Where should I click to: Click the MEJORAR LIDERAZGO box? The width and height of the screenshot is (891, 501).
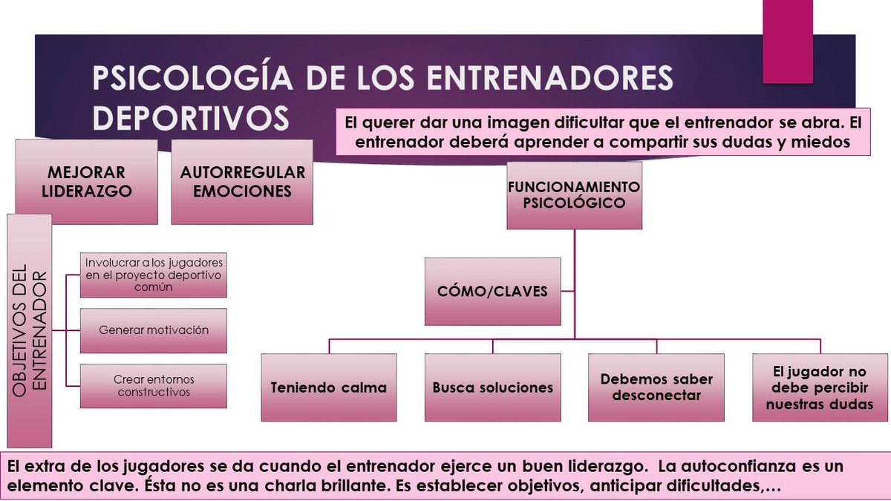[86, 182]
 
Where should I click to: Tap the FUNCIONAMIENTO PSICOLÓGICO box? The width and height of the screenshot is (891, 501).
[574, 194]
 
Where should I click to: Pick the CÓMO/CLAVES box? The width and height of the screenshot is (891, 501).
[492, 291]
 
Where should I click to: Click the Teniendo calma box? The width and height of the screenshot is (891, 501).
[329, 387]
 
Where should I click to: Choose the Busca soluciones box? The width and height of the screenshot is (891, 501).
[492, 387]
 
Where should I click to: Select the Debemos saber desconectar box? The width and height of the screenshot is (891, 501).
[656, 387]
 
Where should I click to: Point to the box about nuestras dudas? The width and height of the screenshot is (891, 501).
[819, 387]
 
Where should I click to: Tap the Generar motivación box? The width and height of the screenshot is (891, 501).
[154, 330]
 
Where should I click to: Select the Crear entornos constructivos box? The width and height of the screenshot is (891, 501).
[154, 386]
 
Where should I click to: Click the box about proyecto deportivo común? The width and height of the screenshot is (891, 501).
[154, 275]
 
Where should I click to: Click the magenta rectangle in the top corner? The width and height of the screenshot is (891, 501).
[787, 41]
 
